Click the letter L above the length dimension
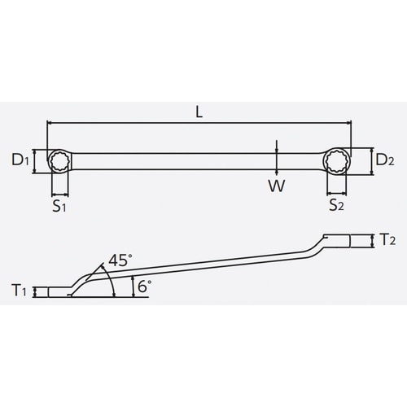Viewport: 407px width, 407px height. (199, 112)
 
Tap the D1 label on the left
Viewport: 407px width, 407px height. (22, 160)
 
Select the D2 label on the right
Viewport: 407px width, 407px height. (384, 160)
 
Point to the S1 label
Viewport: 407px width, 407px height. (59, 208)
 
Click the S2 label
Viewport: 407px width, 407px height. (336, 208)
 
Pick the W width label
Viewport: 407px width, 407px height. (278, 185)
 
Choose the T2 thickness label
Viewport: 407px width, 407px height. (387, 239)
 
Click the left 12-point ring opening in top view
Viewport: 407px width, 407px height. (60, 160)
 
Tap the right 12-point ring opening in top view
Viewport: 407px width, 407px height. (336, 160)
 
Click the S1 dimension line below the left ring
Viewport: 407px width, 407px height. (60, 195)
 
